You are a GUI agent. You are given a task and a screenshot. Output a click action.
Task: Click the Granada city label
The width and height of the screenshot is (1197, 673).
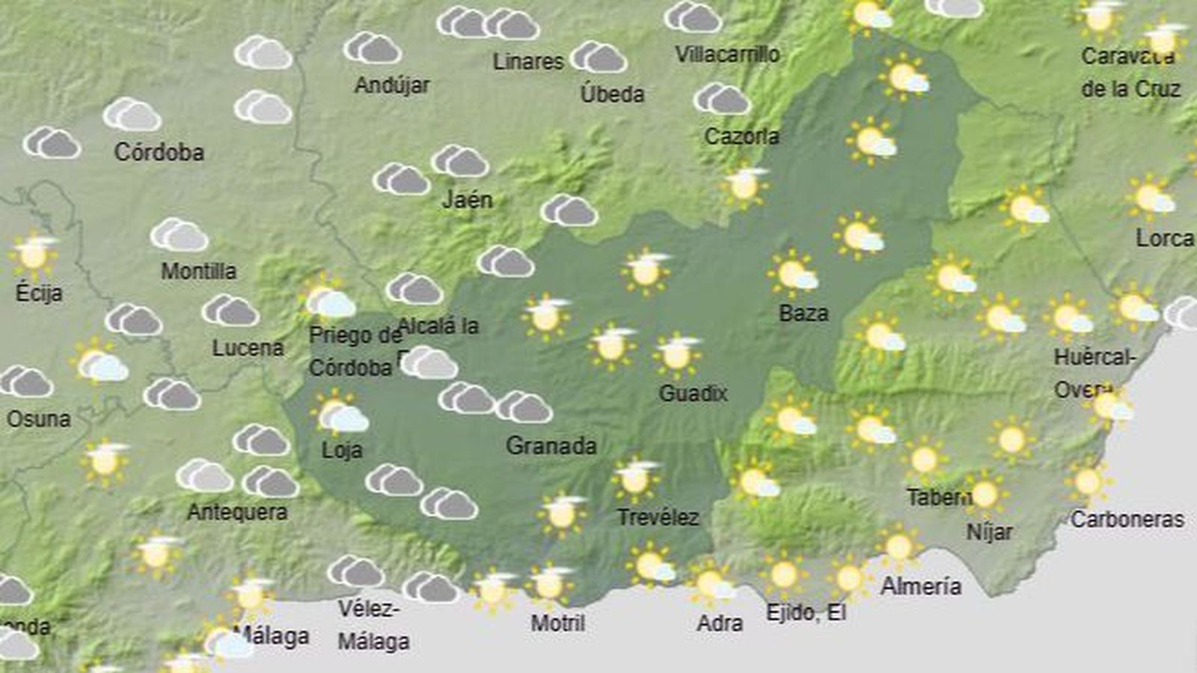pos(551,446)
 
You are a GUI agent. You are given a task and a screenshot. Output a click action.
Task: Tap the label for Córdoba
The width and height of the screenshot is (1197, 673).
pos(159,152)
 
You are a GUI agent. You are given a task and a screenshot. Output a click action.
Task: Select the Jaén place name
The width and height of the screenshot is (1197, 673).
pos(468,199)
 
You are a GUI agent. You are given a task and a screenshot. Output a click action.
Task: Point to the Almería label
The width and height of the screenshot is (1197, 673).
pos(921,585)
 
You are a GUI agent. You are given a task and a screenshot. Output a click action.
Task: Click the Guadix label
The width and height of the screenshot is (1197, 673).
pos(693,393)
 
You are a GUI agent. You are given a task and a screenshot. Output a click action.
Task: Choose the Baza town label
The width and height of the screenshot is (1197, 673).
pos(803,313)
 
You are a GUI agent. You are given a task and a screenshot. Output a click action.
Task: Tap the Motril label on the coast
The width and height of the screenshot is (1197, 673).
pos(558,623)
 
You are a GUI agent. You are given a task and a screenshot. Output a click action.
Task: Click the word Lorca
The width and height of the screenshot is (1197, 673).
pos(1164,239)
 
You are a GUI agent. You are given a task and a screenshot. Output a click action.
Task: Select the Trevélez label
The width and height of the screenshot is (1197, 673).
pos(658,517)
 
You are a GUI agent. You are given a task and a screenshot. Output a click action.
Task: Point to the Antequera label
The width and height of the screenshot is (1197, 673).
pos(237,512)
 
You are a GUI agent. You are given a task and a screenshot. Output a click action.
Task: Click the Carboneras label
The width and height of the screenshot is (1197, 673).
pos(1127,520)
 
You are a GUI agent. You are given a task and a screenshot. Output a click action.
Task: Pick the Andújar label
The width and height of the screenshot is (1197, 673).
pos(392,85)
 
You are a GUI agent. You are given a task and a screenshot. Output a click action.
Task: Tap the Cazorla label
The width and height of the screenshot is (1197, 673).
pos(741,136)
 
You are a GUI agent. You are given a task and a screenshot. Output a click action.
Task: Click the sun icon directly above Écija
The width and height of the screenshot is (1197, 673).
pos(34,254)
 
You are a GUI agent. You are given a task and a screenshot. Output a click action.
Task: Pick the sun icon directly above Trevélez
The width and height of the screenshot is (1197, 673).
pos(636,478)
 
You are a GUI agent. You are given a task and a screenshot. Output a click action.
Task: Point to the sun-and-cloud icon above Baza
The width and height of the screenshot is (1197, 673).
pos(794,275)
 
